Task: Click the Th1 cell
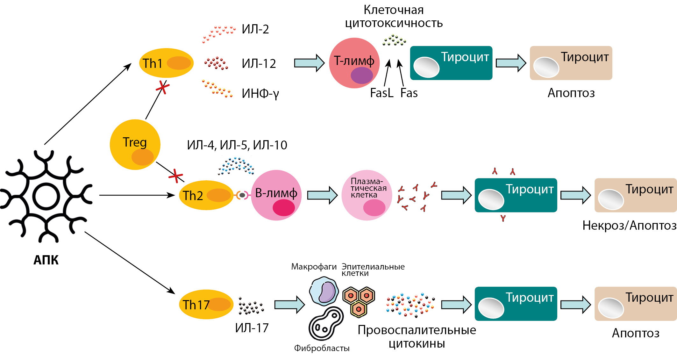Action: pyautogui.click(x=166, y=63)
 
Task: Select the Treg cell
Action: pyautogui.click(x=135, y=144)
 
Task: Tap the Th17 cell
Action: pyautogui.click(x=206, y=305)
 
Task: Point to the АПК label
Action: pyautogui.click(x=46, y=260)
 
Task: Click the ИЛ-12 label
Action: pyautogui.click(x=259, y=63)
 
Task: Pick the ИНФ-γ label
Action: pyautogui.click(x=260, y=93)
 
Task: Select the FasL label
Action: pyautogui.click(x=381, y=93)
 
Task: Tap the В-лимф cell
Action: pyautogui.click(x=276, y=195)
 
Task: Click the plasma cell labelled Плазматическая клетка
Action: pyautogui.click(x=367, y=195)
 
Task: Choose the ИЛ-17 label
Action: pyautogui.click(x=252, y=328)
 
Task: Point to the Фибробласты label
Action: pyautogui.click(x=322, y=348)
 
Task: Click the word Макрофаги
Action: pyautogui.click(x=314, y=267)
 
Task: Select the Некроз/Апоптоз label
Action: pyautogui.click(x=629, y=225)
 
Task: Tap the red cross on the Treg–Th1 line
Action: pyautogui.click(x=163, y=87)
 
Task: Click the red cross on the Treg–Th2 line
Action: pyautogui.click(x=176, y=176)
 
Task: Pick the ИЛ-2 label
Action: pyautogui.click(x=255, y=29)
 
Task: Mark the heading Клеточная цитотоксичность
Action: pyautogui.click(x=394, y=17)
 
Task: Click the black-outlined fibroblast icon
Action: pyautogui.click(x=325, y=324)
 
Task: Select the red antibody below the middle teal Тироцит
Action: pyautogui.click(x=503, y=218)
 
